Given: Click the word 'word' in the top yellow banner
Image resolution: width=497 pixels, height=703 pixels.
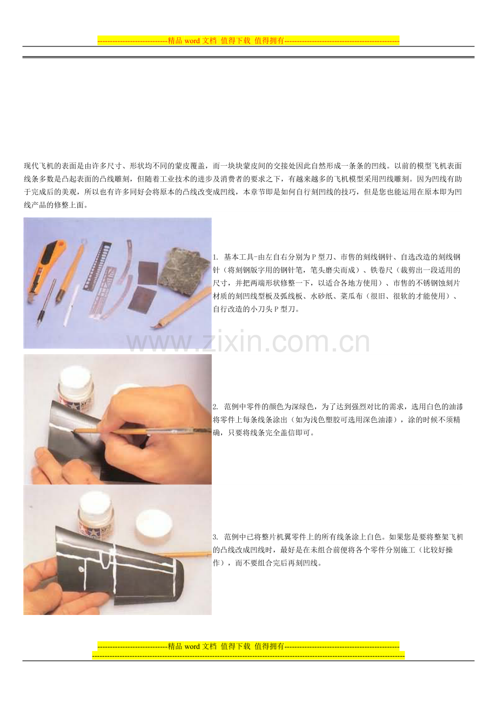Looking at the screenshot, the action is point(192,40).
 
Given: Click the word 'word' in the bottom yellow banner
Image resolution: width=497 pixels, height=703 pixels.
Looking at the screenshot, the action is point(192,646).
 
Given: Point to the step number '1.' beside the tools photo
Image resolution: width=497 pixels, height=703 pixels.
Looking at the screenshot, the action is point(216,258).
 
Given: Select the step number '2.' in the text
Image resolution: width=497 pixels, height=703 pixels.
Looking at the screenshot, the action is point(216,407).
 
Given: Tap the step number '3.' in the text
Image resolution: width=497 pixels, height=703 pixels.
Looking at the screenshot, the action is point(216,537).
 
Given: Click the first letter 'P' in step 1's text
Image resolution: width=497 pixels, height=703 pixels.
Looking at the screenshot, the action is point(314,258).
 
